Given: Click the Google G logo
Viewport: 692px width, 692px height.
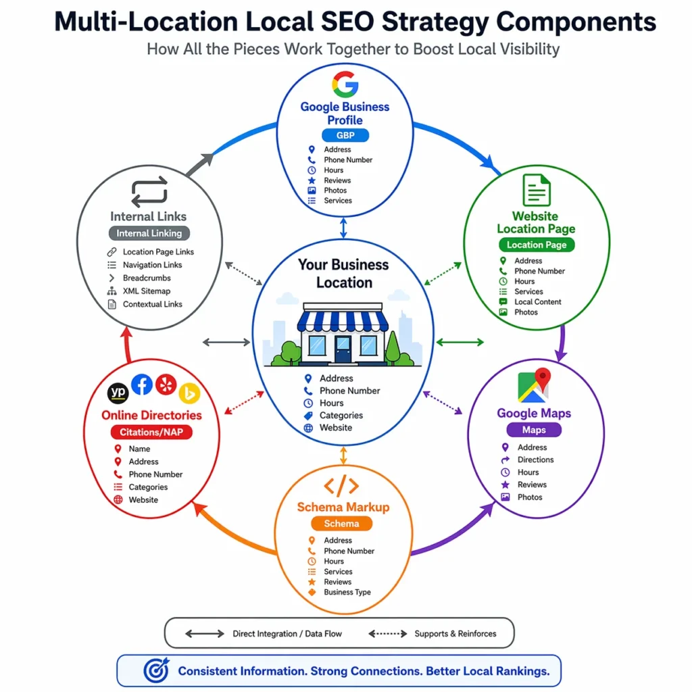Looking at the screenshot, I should click(345, 85).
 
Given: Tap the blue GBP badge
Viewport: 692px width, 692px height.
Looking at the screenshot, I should click(345, 135).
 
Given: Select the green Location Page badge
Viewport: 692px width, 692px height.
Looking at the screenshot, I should click(536, 245).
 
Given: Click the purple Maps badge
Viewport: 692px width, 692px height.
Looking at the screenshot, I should click(534, 430).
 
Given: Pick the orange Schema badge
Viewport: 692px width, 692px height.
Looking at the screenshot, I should click(341, 523).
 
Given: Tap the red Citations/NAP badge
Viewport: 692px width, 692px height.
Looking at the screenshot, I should click(151, 432).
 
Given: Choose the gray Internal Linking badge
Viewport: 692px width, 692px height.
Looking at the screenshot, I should click(149, 233).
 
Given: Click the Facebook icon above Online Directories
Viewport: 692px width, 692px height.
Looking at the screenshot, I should click(141, 385).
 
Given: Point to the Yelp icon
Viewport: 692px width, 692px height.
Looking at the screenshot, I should click(166, 385).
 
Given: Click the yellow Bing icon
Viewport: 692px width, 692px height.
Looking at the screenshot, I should click(189, 393).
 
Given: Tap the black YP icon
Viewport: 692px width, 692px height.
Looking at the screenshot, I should click(118, 393).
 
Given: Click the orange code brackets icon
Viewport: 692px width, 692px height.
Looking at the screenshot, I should click(341, 486).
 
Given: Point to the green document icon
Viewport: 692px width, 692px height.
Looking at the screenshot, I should click(537, 190).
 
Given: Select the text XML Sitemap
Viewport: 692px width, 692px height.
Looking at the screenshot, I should click(146, 291).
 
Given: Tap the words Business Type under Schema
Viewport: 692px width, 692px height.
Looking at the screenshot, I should click(347, 592).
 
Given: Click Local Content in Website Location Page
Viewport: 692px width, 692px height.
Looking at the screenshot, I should click(538, 302).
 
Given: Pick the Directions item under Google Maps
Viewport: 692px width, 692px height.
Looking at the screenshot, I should click(535, 460).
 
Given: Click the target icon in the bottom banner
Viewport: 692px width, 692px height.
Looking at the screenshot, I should click(156, 670).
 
